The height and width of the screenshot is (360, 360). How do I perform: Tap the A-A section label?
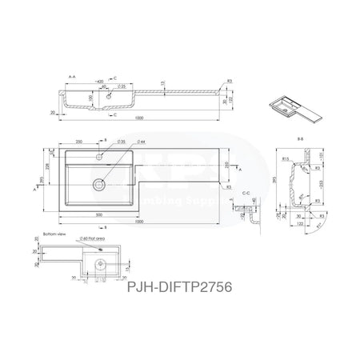(x=73, y=77)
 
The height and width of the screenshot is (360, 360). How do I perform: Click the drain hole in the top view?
(x=98, y=183)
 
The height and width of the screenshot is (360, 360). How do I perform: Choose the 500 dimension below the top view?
(x=98, y=215)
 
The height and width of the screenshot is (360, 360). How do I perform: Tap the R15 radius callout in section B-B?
(x=286, y=159)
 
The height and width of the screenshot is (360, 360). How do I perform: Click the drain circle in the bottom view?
(x=98, y=261)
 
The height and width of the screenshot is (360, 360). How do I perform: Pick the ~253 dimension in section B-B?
(x=321, y=183)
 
